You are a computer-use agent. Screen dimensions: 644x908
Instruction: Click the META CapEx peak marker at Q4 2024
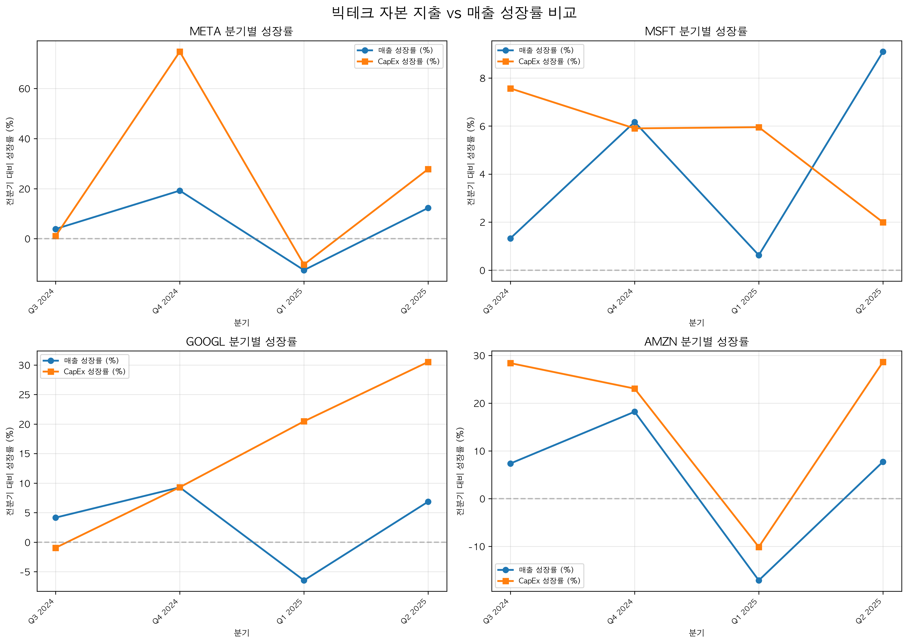[180, 52]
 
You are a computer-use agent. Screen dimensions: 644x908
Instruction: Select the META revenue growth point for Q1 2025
[304, 270]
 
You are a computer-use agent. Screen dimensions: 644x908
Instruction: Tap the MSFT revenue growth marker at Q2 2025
[883, 52]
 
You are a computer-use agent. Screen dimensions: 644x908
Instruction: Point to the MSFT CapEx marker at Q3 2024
[510, 89]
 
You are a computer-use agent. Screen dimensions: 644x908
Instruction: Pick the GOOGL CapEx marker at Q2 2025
[428, 362]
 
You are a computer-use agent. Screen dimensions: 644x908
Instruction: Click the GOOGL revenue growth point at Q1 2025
[304, 580]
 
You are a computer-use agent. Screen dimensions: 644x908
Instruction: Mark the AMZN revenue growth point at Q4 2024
[635, 412]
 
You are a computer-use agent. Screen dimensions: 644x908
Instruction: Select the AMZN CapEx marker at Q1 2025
[759, 547]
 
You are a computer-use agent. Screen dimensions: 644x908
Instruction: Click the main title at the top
[454, 13]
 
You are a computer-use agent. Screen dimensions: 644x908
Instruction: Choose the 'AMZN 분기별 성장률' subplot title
[696, 342]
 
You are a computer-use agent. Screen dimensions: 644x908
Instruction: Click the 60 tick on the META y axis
[25, 89]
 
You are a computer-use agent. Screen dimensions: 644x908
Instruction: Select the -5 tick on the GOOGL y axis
[25, 572]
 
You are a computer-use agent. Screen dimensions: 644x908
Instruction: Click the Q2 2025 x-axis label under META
[414, 301]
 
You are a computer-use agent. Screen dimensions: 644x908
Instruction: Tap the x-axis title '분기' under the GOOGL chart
[241, 633]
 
